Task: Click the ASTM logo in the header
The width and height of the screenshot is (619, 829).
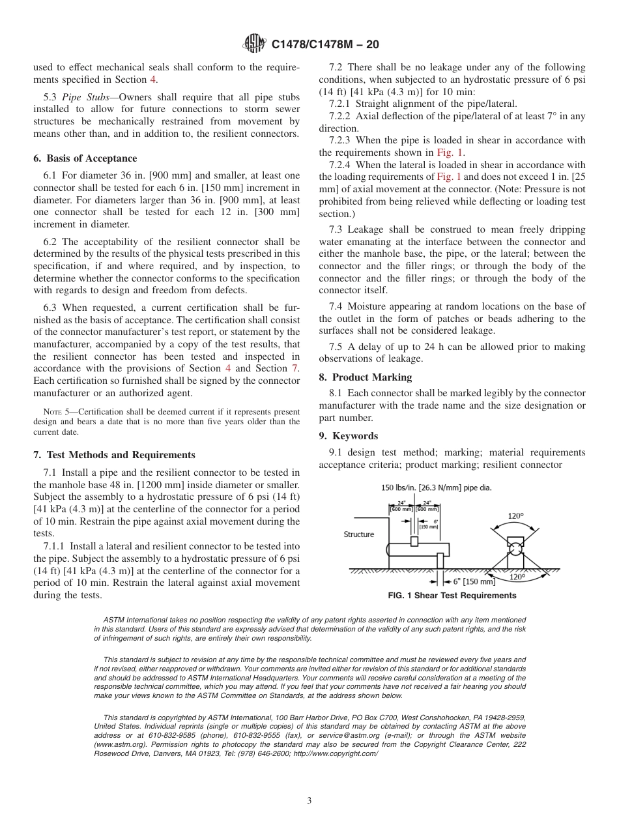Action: (x=254, y=44)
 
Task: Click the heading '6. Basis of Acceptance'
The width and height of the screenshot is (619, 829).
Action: (x=85, y=158)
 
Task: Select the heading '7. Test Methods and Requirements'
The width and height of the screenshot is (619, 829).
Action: (x=114, y=455)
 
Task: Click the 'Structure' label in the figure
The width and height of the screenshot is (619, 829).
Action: (x=359, y=534)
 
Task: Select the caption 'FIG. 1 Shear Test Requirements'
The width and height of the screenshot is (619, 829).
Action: (x=452, y=596)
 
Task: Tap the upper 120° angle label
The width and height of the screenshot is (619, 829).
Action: (x=515, y=516)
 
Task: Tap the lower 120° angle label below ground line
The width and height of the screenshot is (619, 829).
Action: (x=517, y=577)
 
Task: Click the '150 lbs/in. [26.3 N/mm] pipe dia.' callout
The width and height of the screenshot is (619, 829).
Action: (x=436, y=487)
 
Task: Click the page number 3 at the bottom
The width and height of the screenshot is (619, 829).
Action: (x=309, y=801)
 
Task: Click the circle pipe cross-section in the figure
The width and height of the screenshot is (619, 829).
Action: (x=515, y=549)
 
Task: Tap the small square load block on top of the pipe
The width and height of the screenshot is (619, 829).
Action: (x=414, y=542)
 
